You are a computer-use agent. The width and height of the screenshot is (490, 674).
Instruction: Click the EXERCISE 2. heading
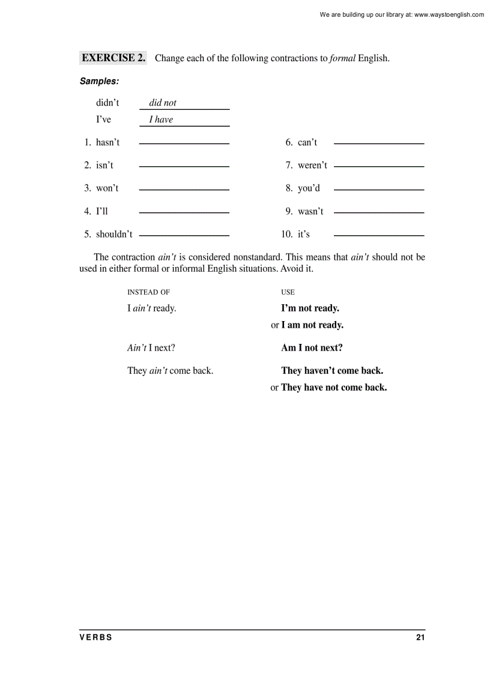(x=113, y=58)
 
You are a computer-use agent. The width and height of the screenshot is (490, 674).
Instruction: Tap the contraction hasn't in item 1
(x=107, y=142)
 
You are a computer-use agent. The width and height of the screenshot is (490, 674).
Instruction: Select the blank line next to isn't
(x=184, y=166)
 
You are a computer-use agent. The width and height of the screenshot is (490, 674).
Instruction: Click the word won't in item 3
(x=107, y=188)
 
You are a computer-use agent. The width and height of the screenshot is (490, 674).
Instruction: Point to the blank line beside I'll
(x=184, y=212)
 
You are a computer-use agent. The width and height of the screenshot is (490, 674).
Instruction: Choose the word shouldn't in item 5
(x=114, y=234)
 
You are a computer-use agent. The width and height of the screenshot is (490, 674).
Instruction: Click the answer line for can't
(x=378, y=144)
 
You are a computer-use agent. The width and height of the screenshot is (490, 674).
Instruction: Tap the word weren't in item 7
(x=312, y=165)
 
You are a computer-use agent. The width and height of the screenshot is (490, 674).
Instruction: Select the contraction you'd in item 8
(x=309, y=188)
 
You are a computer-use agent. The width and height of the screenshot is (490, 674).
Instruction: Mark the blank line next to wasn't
(x=378, y=212)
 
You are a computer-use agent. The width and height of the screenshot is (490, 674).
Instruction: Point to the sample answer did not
(x=163, y=103)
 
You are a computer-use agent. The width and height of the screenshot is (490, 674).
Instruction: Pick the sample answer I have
(x=161, y=119)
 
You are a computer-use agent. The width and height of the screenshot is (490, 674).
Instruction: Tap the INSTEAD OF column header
(x=148, y=292)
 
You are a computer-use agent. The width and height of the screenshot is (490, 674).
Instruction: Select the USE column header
(x=288, y=292)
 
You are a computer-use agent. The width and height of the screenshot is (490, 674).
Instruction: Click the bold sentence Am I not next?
(x=312, y=348)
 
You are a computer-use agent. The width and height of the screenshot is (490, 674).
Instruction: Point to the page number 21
(x=420, y=638)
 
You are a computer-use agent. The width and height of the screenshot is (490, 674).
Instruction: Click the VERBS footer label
(x=95, y=638)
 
